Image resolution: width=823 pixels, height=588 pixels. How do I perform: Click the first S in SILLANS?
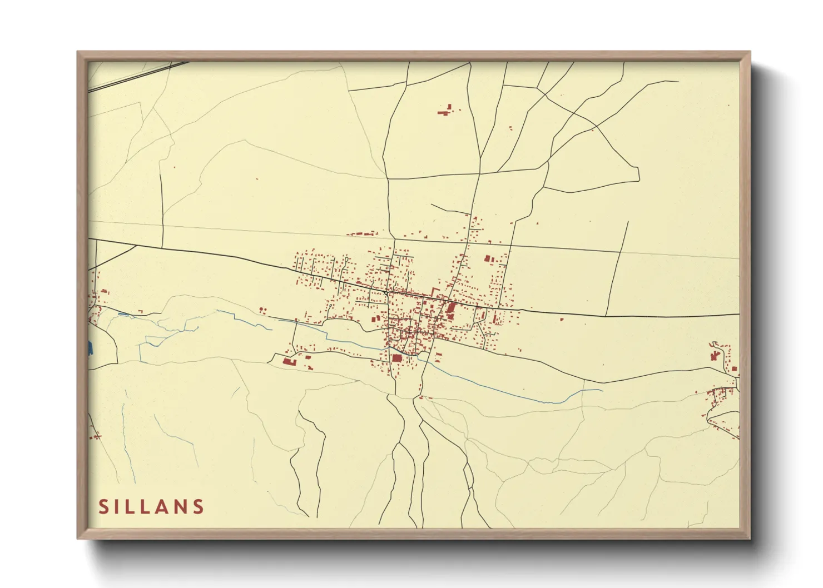pos(103,506)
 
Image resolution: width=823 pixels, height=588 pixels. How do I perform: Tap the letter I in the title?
pos(119,506)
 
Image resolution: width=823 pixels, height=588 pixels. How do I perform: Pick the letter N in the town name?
pos(181,506)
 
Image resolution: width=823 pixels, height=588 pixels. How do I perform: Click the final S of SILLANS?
pos(199,506)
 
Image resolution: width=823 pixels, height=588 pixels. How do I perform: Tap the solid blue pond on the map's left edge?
pos(89,348)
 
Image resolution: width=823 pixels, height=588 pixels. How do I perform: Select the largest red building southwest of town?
pos(289,362)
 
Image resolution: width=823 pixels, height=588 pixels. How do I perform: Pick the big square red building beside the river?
pos(396,358)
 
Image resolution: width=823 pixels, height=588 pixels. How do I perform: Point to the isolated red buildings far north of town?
pos(445,111)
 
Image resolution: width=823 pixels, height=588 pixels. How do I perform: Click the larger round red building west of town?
pos(260,309)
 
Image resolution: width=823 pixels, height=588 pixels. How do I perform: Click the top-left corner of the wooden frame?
pos(78,52)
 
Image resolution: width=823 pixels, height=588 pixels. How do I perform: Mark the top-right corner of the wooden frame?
pos(750,52)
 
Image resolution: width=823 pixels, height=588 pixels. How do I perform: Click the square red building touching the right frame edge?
pos(735,368)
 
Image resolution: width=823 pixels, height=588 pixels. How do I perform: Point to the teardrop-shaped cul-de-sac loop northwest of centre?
pos(346,259)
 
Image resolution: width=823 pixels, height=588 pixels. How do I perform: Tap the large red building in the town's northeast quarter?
pos(488,258)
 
